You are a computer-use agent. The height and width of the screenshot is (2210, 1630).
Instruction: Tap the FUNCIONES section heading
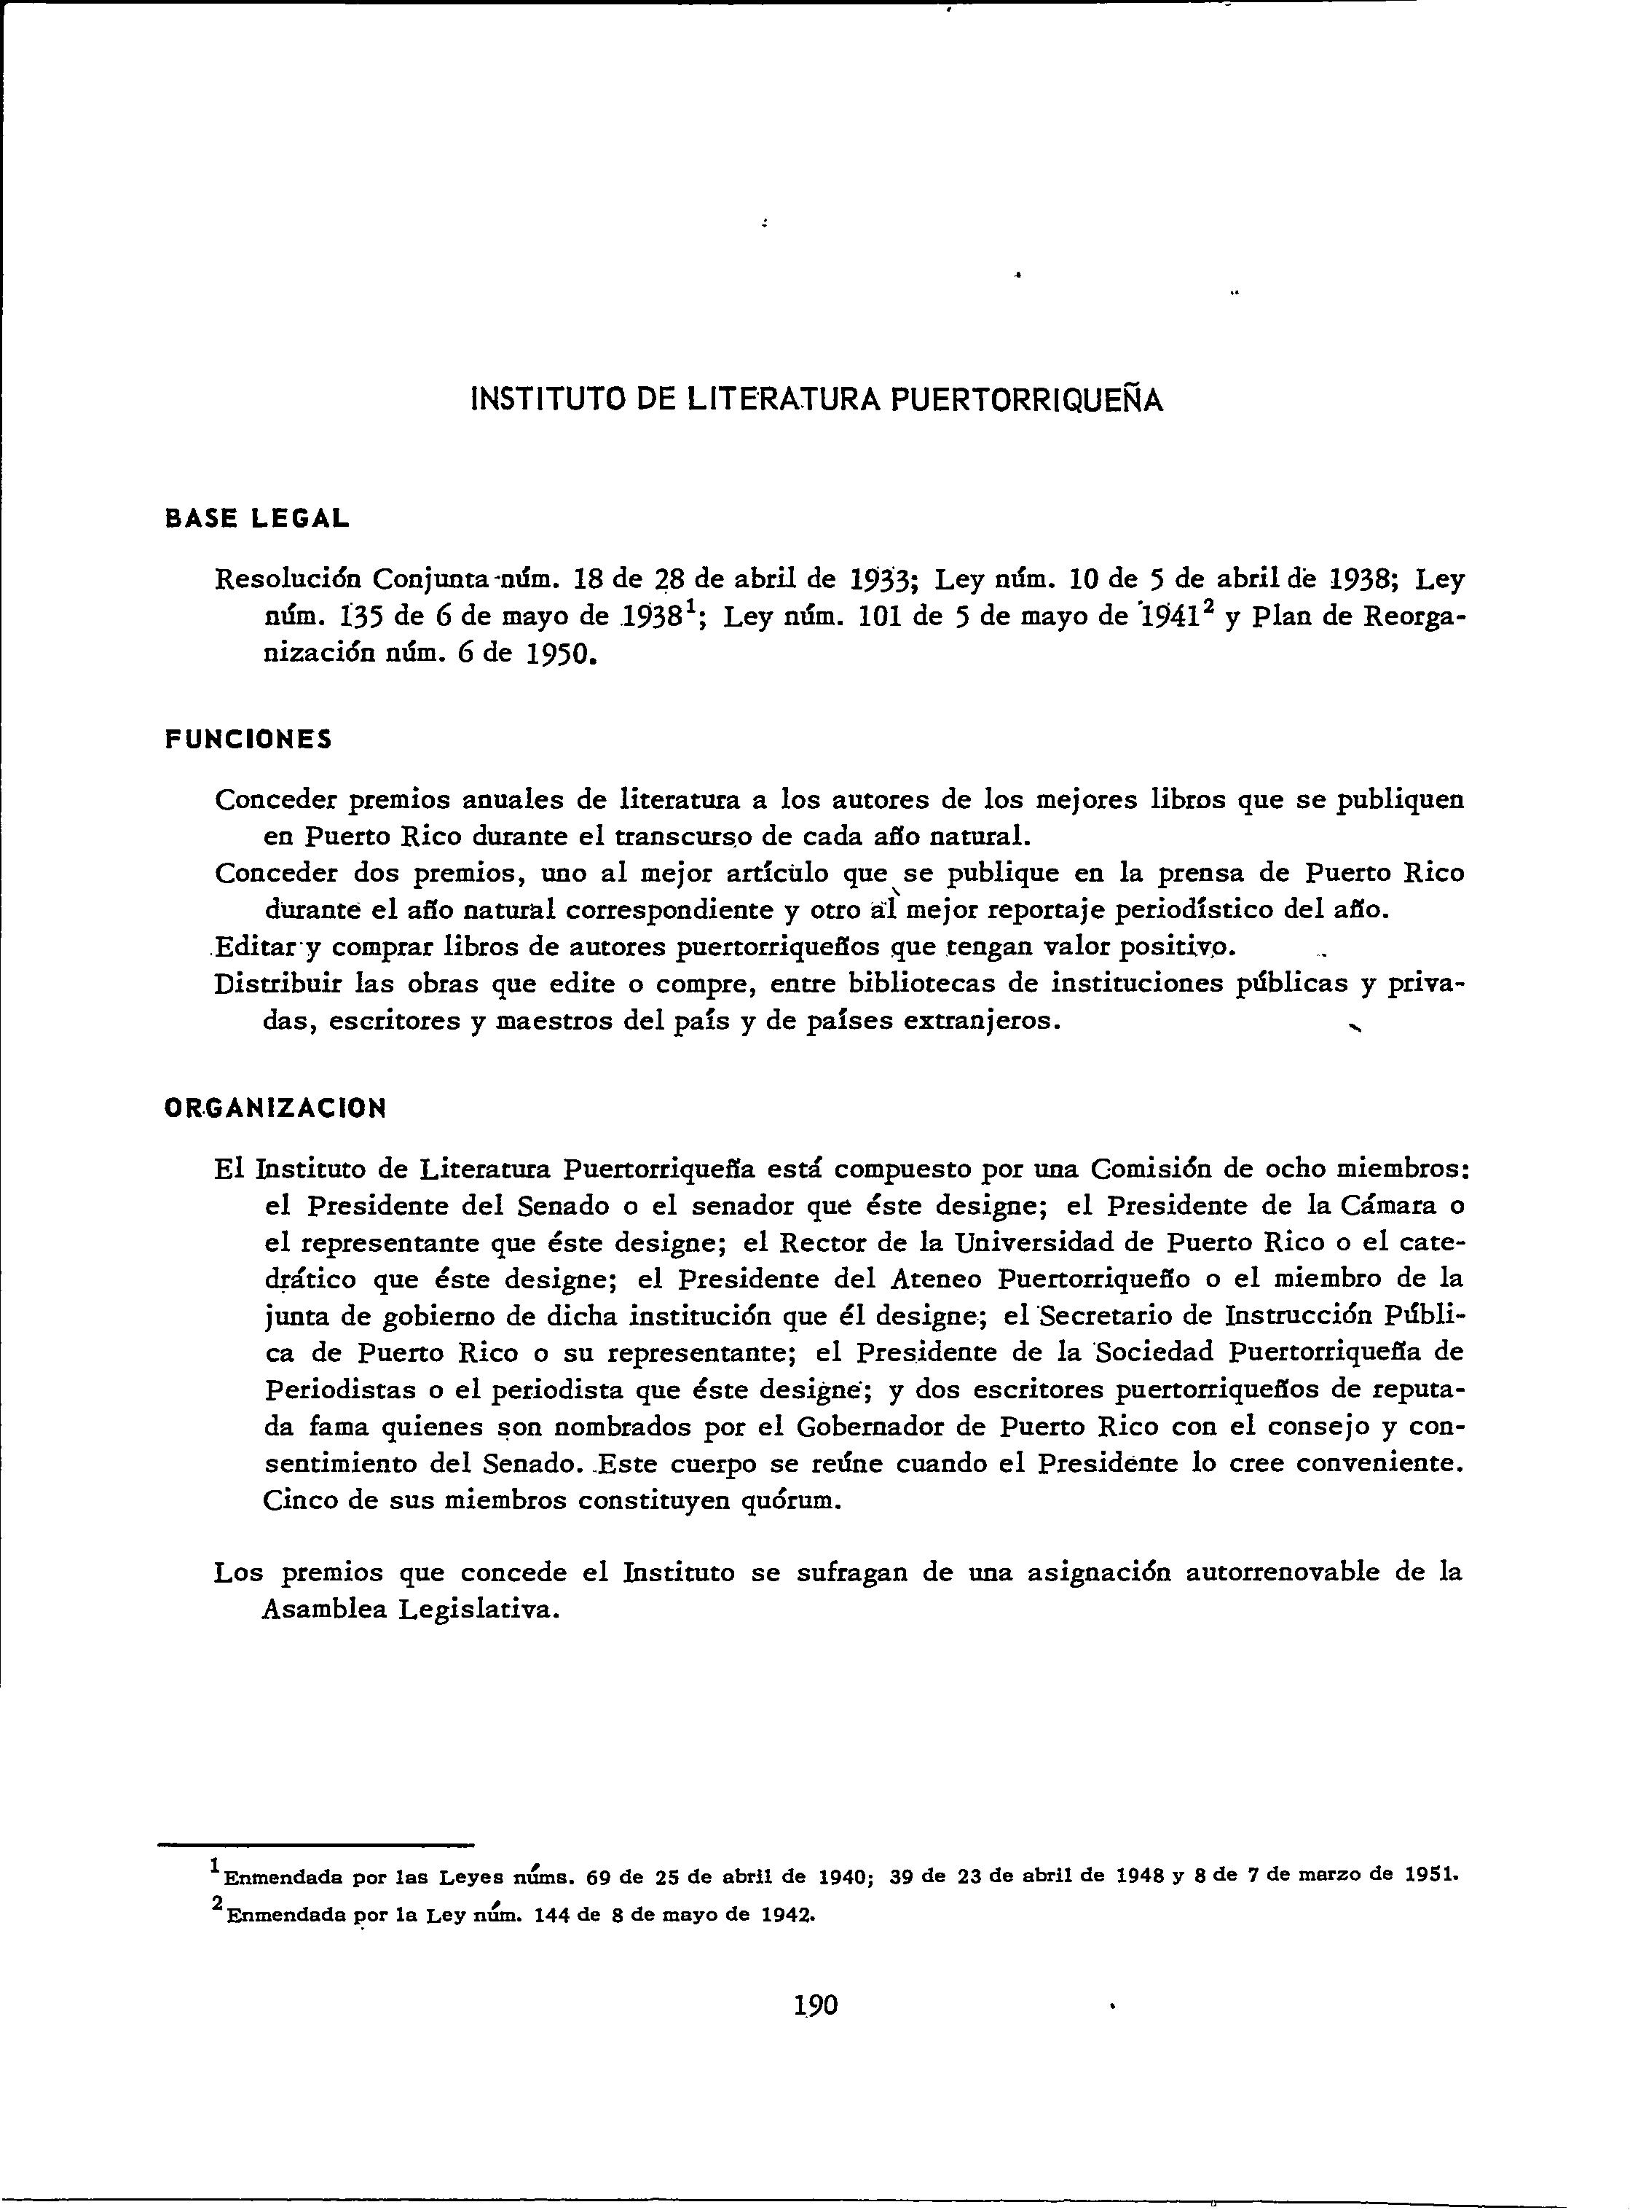(x=248, y=740)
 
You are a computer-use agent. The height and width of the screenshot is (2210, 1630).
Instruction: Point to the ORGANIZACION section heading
(x=275, y=1108)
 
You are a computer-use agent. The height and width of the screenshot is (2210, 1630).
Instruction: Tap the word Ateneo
(x=926, y=1280)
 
